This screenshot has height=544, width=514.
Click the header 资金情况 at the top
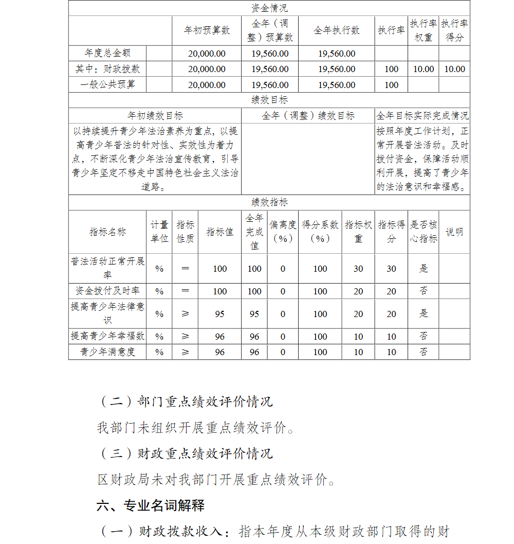coord(269,8)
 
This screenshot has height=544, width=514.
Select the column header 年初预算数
coord(207,30)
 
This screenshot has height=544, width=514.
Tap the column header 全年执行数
coord(336,30)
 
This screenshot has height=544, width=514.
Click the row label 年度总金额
coord(107,53)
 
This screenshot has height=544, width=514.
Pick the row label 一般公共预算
coord(107,84)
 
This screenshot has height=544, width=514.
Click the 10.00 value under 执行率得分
coord(454,69)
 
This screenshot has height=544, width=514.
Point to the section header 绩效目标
coord(269,100)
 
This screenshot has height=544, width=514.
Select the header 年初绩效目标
coord(155,116)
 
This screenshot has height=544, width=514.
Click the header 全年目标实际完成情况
coord(422,116)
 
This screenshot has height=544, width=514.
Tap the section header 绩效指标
coord(269,202)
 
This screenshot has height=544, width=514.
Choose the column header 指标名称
coord(107,232)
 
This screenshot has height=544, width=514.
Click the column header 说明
coord(454,232)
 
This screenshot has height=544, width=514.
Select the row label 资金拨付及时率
coord(107,291)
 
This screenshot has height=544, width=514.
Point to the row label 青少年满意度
coord(107,352)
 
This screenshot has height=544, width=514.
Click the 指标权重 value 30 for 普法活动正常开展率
coord(358,269)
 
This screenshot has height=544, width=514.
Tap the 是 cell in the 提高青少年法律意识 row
coord(424,313)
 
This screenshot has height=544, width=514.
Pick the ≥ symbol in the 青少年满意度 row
coord(185,352)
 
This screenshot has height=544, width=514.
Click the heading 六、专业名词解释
coord(150,506)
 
